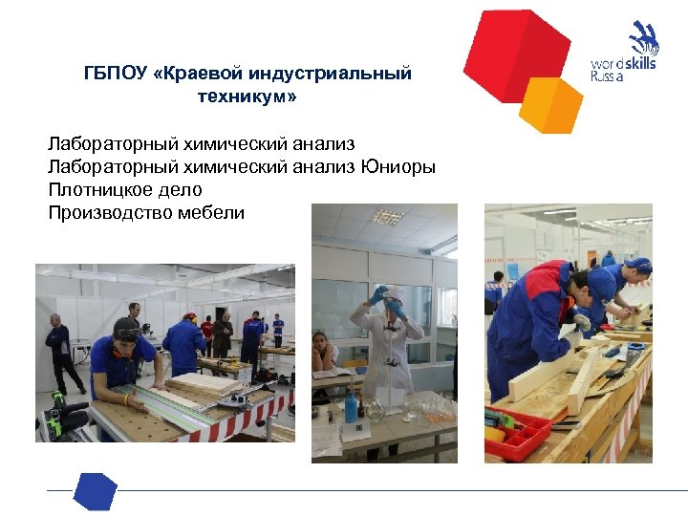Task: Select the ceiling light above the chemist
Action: tap(387, 217)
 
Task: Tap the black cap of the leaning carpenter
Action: tap(126, 328)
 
